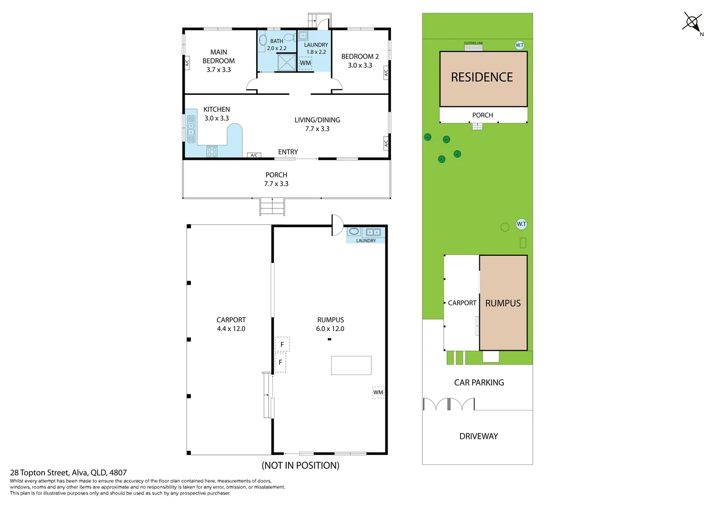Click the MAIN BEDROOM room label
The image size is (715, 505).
pyautogui.click(x=219, y=61)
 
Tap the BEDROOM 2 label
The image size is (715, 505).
pyautogui.click(x=360, y=61)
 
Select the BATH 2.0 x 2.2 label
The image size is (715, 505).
pyautogui.click(x=277, y=44)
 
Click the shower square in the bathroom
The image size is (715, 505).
pyautogui.click(x=287, y=62)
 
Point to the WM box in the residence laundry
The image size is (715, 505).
pyautogui.click(x=305, y=63)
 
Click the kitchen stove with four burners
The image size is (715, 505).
pyautogui.click(x=212, y=151)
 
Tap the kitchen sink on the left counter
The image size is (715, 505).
pyautogui.click(x=191, y=129)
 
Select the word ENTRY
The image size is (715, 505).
pyautogui.click(x=288, y=152)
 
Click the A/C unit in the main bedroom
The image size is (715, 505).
pyautogui.click(x=188, y=63)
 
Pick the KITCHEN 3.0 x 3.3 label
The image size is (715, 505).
pyautogui.click(x=217, y=114)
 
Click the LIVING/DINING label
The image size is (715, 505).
pyautogui.click(x=317, y=124)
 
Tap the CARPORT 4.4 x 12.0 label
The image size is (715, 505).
pyautogui.click(x=231, y=324)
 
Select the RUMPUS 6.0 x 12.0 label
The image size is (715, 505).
pyautogui.click(x=330, y=324)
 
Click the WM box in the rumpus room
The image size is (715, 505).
pyautogui.click(x=378, y=392)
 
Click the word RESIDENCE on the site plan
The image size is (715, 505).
pyautogui.click(x=482, y=77)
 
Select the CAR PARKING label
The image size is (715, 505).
pyautogui.click(x=479, y=382)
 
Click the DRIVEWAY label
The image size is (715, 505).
pyautogui.click(x=478, y=436)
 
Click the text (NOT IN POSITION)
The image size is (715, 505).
pyautogui.click(x=300, y=465)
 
